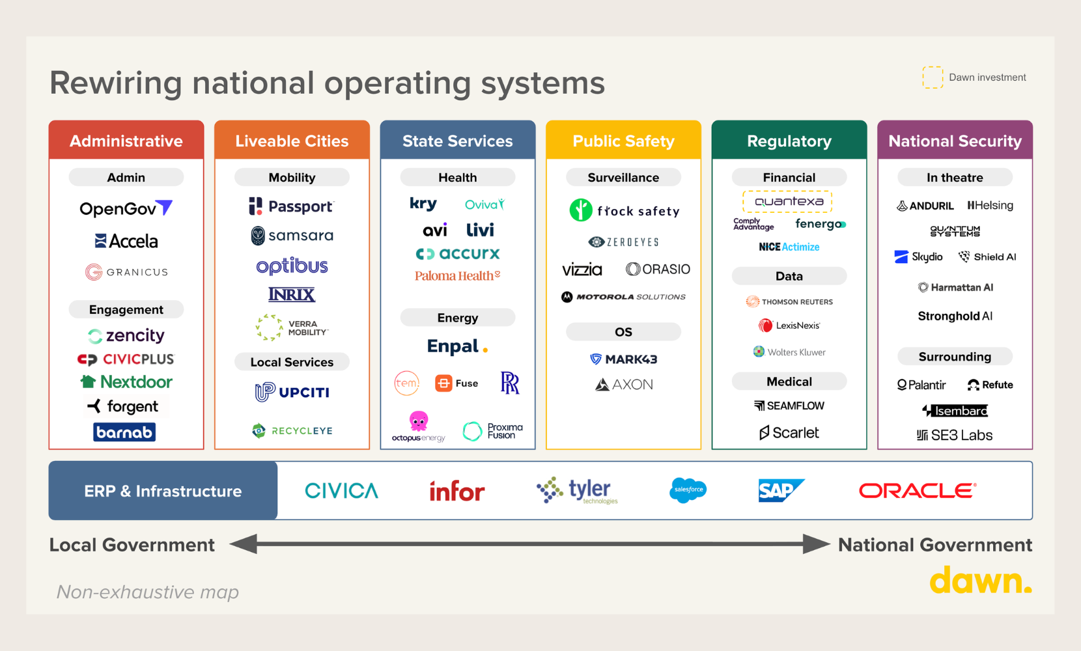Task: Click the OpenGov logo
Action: [x=126, y=208]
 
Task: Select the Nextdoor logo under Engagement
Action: [x=126, y=381]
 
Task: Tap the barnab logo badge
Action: [x=124, y=432]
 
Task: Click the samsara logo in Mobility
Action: [x=292, y=235]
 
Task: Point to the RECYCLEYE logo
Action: [x=292, y=430]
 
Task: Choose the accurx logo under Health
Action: [x=458, y=253]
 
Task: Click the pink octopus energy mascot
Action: [x=419, y=421]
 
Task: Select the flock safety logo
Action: [x=624, y=210]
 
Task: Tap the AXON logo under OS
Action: [x=624, y=385]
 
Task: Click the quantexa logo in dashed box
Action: [x=788, y=202]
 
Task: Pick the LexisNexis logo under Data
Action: [x=789, y=325]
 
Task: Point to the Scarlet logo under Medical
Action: [x=789, y=433]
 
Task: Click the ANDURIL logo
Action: [x=925, y=206]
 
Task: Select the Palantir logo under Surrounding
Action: [x=921, y=385]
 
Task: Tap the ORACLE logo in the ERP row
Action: [x=918, y=490]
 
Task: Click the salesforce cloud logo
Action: [x=688, y=490]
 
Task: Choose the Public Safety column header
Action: [x=623, y=141]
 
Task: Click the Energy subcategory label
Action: [x=457, y=318]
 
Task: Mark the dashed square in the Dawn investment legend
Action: [x=933, y=77]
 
